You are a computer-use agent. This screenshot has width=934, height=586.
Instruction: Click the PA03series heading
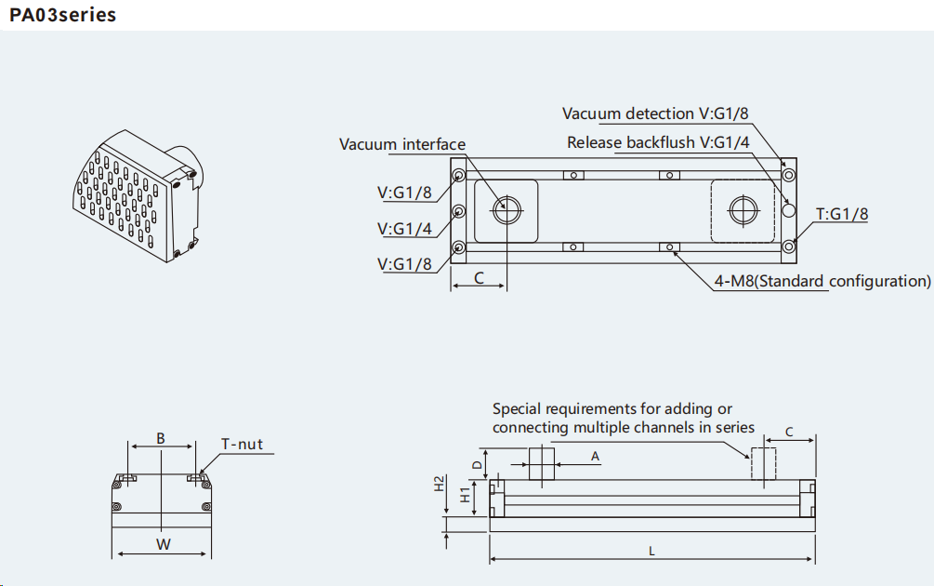click(x=63, y=15)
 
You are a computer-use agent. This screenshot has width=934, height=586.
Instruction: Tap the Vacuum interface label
click(x=401, y=144)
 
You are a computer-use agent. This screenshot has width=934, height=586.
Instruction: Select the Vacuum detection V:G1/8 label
click(x=655, y=113)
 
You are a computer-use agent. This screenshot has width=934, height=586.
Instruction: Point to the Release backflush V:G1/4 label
click(x=658, y=142)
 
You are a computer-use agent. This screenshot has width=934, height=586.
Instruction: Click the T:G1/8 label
click(x=842, y=214)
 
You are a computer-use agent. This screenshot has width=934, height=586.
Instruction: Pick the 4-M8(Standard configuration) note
click(x=822, y=281)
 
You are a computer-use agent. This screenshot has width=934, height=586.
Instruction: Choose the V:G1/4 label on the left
click(x=404, y=229)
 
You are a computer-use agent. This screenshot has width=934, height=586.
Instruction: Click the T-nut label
click(x=242, y=444)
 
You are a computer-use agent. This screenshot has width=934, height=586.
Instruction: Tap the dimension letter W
click(x=163, y=544)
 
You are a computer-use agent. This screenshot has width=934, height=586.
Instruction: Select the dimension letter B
click(x=161, y=437)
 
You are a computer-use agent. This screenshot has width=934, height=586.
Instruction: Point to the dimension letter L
click(x=651, y=551)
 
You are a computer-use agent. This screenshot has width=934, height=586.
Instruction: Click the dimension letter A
click(x=596, y=455)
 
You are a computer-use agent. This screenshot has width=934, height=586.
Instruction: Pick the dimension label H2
click(x=440, y=484)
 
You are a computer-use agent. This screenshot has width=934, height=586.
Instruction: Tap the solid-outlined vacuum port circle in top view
click(x=506, y=210)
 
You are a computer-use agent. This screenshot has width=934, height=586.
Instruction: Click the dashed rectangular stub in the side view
click(x=763, y=463)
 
